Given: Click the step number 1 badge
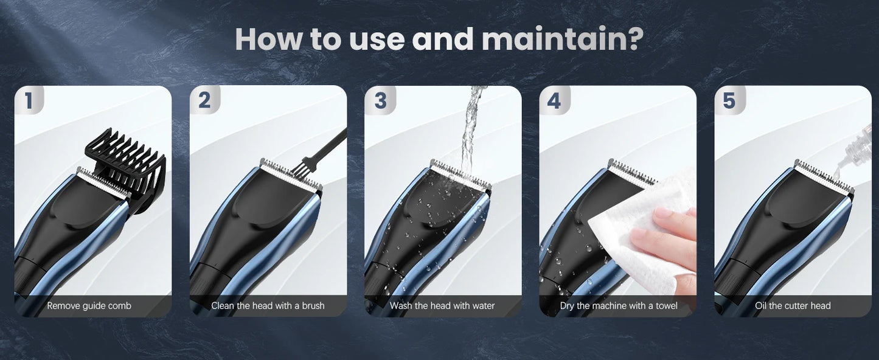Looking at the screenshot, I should coord(29,100).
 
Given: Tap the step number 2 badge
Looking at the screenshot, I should coord(204,100).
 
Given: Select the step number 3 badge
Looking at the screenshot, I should coord(380,100).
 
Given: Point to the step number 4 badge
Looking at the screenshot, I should coord(554,100).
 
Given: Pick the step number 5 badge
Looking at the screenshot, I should coord(729,100).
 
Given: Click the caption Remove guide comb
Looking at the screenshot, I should coord(89,306).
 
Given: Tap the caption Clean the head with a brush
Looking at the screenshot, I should coord(268,306).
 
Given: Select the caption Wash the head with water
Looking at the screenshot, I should coord(442,306).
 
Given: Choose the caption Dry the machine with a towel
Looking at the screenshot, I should coord(618,306).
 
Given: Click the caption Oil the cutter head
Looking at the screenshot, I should coord(793,306).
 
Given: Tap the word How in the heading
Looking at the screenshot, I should coord(268,39).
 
